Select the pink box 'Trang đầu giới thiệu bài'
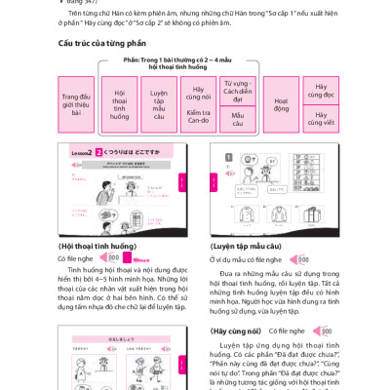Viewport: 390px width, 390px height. [x=76, y=104]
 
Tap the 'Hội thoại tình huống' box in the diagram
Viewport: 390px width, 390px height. [x=119, y=104]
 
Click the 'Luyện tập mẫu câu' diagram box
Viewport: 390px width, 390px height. [x=158, y=104]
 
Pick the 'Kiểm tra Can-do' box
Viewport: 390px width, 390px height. [x=198, y=118]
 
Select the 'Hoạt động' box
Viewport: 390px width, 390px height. [x=281, y=104]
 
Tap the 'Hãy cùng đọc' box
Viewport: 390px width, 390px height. [x=321, y=90]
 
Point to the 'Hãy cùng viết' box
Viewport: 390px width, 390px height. [x=321, y=118]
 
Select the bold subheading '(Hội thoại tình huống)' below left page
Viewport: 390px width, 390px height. [x=97, y=246]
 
